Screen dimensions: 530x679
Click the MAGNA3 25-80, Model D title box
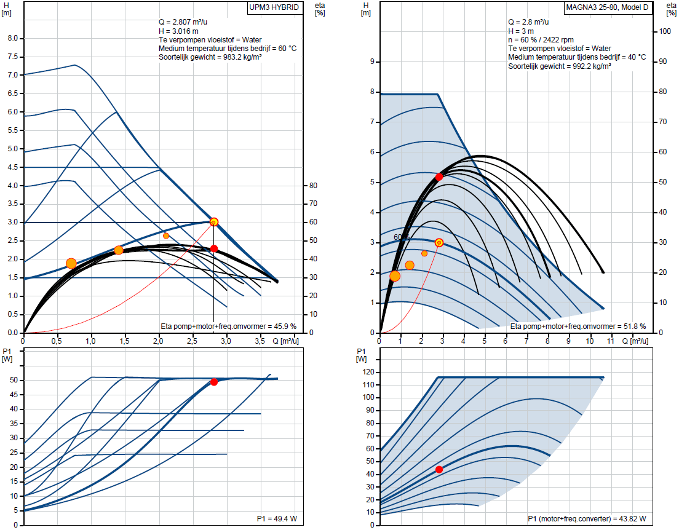tap(608, 9)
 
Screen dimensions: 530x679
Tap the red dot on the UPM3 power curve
tap(214, 382)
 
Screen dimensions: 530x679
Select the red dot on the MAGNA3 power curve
tap(439, 469)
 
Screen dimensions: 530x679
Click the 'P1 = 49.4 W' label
tap(277, 519)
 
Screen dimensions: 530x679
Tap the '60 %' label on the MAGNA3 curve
tap(402, 237)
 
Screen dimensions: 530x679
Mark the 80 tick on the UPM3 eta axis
tap(312, 186)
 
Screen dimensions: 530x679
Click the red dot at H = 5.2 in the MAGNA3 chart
tap(439, 176)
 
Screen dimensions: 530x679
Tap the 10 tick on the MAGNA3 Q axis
tap(590, 340)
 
